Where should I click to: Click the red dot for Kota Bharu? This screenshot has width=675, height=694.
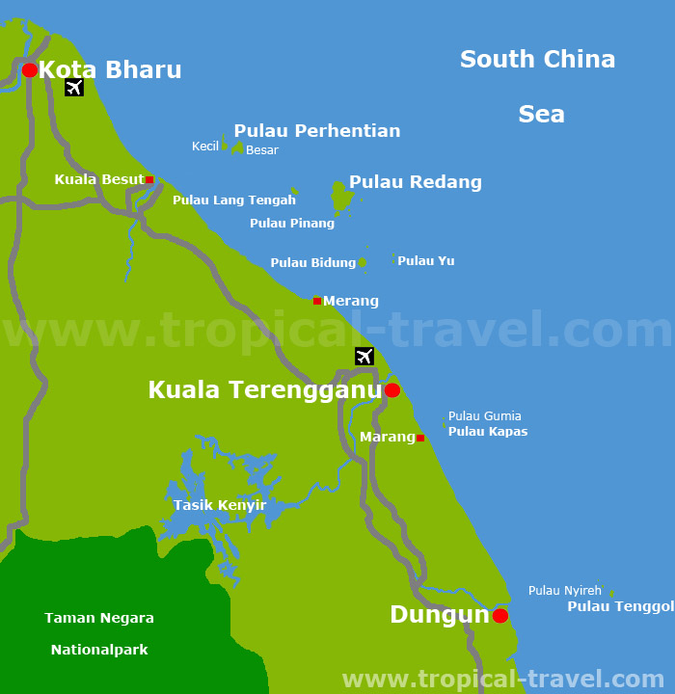(30, 69)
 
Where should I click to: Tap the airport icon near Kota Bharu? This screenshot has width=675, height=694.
(74, 88)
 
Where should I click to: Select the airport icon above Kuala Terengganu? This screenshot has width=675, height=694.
(364, 356)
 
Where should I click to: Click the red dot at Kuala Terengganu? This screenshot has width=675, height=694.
(392, 390)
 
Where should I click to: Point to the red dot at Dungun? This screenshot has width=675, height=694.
(500, 615)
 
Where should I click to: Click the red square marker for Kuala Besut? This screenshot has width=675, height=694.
(149, 179)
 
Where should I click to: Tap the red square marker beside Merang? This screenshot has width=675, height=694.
(317, 301)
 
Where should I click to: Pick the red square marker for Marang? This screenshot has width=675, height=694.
(420, 438)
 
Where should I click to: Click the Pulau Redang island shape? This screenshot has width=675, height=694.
(339, 196)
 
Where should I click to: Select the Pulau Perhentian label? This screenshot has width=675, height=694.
(316, 131)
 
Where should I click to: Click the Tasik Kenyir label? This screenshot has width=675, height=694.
(220, 505)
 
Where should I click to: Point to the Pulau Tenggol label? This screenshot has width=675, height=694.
(620, 606)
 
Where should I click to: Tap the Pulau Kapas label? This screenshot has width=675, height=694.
(488, 432)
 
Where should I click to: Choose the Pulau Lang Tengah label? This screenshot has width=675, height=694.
(234, 200)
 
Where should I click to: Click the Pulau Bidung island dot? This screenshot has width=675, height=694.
(363, 262)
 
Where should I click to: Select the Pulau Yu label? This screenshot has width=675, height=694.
(426, 261)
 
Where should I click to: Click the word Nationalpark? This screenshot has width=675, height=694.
(99, 650)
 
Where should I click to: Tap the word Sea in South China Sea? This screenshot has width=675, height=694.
(541, 115)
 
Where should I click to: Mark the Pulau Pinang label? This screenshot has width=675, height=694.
(292, 224)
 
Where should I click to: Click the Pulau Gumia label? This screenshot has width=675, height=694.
(485, 416)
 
